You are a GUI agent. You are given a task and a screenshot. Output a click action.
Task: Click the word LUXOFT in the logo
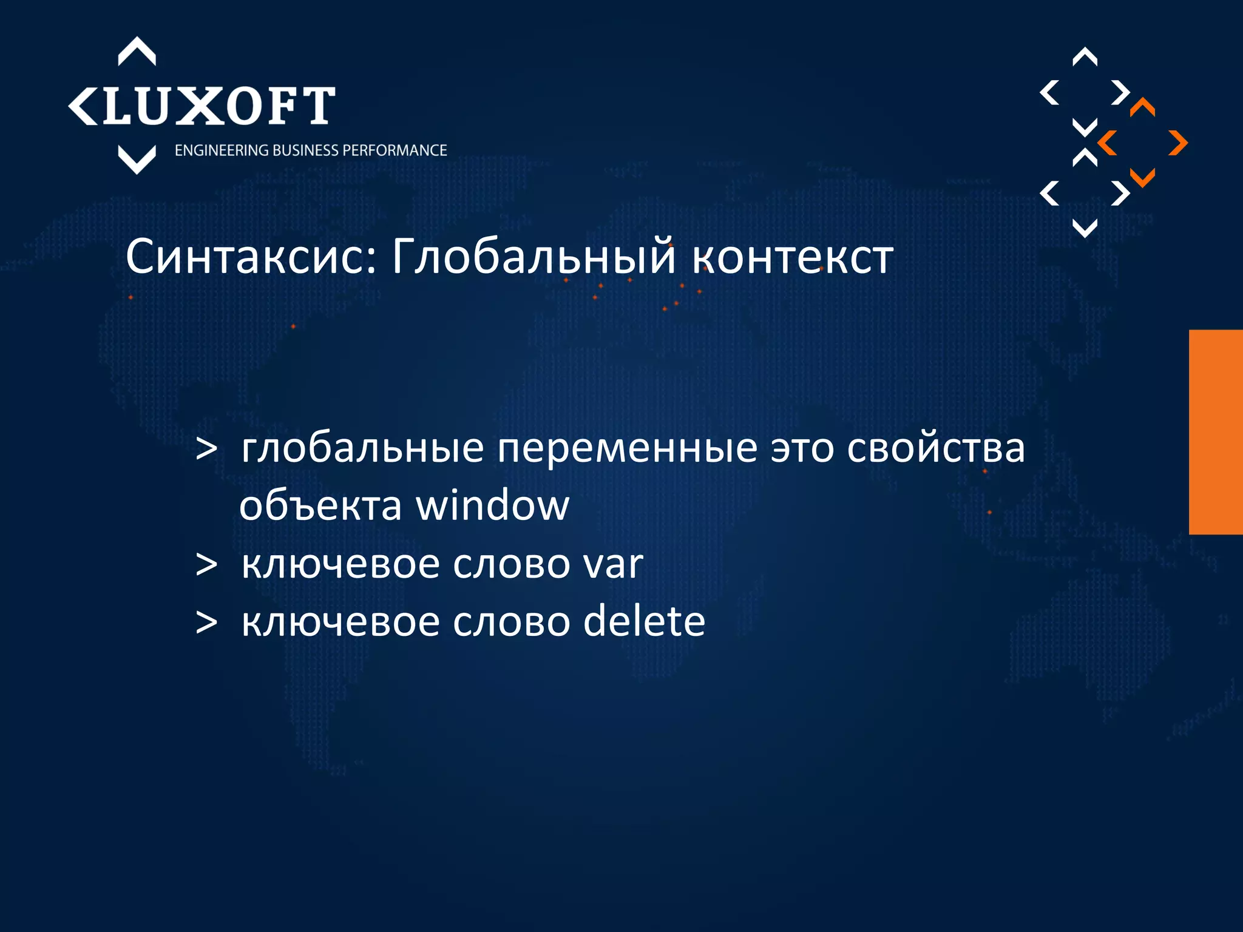pyautogui.click(x=218, y=106)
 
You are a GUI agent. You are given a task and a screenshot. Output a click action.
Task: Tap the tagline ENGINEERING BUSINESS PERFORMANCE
pyautogui.click(x=311, y=150)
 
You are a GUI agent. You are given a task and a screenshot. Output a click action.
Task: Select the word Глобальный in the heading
pyautogui.click(x=533, y=257)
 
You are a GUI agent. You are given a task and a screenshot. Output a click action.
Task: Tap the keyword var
pyautogui.click(x=612, y=564)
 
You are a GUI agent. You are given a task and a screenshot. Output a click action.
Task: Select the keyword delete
pyautogui.click(x=644, y=622)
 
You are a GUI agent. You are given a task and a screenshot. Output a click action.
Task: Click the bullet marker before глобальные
pyautogui.click(x=206, y=450)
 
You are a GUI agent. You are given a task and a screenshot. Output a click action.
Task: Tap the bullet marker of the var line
pyautogui.click(x=206, y=565)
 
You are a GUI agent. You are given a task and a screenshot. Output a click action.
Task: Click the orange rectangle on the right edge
pyautogui.click(x=1216, y=431)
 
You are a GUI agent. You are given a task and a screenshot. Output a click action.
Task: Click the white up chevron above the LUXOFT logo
pyautogui.click(x=137, y=51)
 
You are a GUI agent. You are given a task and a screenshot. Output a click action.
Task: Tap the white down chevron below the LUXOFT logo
pyautogui.click(x=137, y=159)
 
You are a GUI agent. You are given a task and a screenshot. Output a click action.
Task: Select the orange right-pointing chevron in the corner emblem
pyautogui.click(x=1178, y=143)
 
